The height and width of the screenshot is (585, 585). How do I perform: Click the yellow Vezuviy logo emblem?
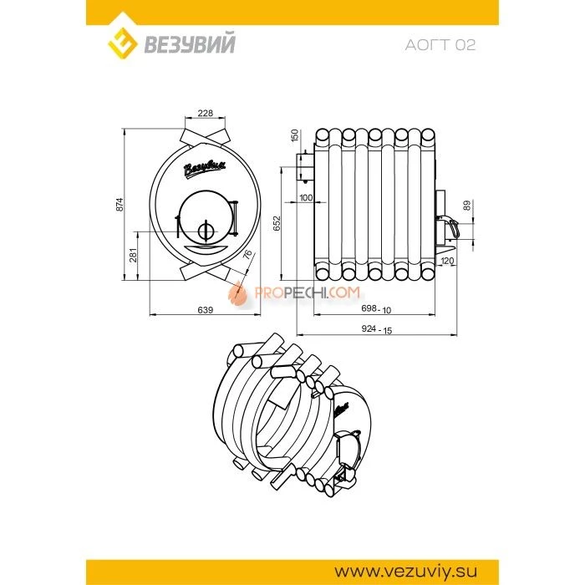(122, 43)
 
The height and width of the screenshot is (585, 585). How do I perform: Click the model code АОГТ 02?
(440, 45)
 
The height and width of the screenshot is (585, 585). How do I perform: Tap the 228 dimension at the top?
(206, 113)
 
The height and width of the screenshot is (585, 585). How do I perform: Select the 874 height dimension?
(120, 205)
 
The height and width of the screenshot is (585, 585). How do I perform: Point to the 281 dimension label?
(134, 255)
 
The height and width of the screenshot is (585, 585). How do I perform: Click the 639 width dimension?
(206, 310)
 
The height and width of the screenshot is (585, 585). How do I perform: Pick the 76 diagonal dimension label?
(247, 255)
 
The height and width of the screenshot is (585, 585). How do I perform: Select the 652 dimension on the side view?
(277, 223)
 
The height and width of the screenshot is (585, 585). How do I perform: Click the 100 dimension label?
(306, 198)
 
